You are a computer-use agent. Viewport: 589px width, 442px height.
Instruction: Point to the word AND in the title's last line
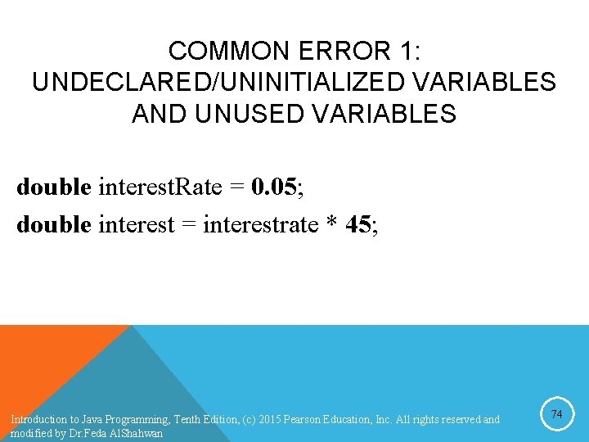pyautogui.click(x=159, y=113)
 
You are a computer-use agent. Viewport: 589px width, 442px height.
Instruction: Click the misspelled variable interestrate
pyautogui.click(x=262, y=223)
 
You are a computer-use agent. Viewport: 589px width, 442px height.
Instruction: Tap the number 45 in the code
pyautogui.click(x=358, y=223)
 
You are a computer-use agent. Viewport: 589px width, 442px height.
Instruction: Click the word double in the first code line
pyautogui.click(x=53, y=187)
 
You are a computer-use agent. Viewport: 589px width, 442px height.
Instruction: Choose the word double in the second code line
pyautogui.click(x=53, y=223)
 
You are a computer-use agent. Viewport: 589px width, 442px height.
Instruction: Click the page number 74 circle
pyautogui.click(x=556, y=415)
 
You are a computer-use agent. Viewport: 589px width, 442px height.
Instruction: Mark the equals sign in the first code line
pyautogui.click(x=237, y=188)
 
